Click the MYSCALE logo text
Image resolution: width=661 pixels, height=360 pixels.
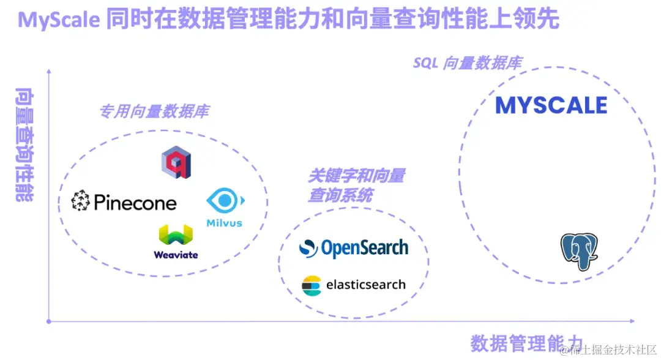click(551, 105)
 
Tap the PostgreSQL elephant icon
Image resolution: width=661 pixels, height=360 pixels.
click(578, 251)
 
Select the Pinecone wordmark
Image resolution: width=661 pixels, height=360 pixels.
click(135, 203)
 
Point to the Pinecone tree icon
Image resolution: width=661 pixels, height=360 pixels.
click(81, 201)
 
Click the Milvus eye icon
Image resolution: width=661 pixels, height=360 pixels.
click(224, 201)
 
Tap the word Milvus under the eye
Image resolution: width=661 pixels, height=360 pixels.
click(224, 223)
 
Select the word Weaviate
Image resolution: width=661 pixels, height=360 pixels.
click(176, 255)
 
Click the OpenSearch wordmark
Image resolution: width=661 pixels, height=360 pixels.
click(364, 248)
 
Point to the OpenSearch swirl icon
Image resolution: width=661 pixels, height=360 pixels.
click(308, 248)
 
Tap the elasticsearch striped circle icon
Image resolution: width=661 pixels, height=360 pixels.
click(312, 285)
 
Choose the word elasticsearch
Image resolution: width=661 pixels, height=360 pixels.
click(365, 285)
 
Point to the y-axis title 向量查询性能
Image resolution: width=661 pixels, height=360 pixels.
click(24, 144)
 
